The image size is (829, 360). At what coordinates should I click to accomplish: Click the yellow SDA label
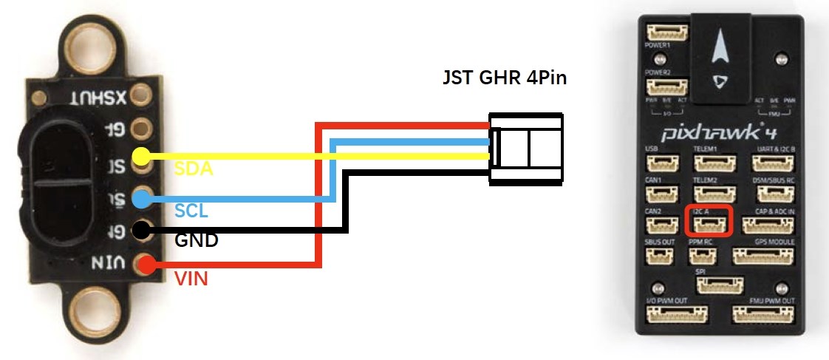[x=194, y=169]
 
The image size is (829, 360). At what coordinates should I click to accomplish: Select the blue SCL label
[x=191, y=211]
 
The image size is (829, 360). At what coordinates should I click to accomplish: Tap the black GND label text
[x=196, y=240]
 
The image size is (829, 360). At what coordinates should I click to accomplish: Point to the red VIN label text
[x=192, y=279]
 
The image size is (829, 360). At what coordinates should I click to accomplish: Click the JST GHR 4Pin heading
[x=503, y=77]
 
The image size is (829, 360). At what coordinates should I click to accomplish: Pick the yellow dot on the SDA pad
[x=141, y=157]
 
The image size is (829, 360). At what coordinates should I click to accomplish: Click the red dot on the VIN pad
[x=145, y=263]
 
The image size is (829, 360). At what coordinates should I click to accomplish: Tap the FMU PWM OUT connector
[x=770, y=315]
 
